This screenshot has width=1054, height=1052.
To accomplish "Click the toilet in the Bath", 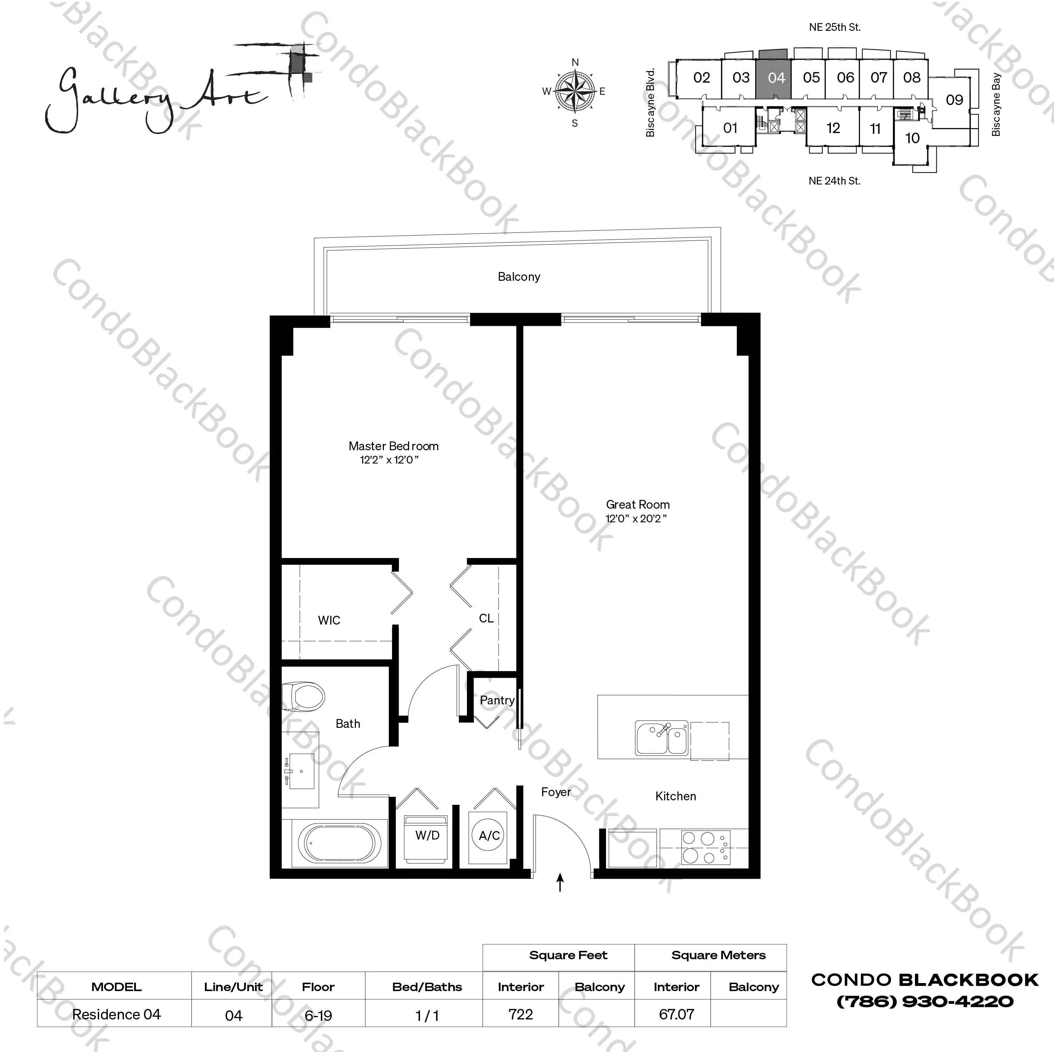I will pos(304,696).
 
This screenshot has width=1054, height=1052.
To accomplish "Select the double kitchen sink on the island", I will pos(662,738).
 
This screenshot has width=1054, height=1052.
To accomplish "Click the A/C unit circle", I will pos(489,836).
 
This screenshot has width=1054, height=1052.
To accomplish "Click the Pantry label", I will pos(497,700).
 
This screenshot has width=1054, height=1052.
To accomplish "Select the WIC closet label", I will pos(329,620).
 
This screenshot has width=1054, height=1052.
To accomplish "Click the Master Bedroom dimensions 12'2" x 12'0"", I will pos(389,460).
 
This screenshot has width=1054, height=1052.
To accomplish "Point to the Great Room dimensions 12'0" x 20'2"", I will pos(636,518).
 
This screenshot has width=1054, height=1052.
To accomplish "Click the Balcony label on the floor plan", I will pos(519,277).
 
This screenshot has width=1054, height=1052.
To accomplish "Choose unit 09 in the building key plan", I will pos(954,100).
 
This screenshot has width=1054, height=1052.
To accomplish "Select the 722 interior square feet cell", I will pos(521,1015).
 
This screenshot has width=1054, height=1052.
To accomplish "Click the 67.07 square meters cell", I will pos(676,1015).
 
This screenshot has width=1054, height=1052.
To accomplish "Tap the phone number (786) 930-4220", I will pos(925,1001).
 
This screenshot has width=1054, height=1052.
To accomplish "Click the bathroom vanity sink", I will pos(302,772).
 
